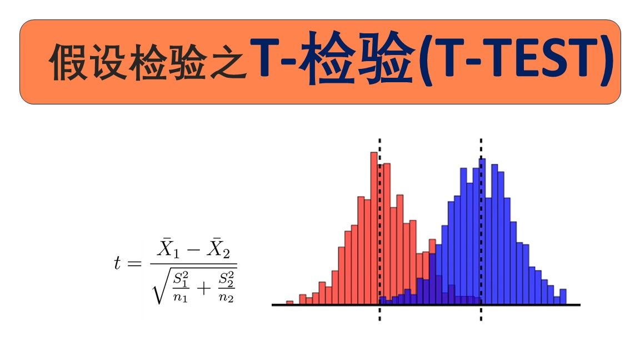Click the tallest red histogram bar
point(374,228)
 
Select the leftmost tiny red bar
point(289,302)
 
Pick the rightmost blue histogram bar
point(563,297)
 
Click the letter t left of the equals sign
point(118,263)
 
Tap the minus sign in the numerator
point(193,249)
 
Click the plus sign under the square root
point(204,289)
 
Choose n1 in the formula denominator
point(180,298)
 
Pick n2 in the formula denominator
point(226,298)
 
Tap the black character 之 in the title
point(228,62)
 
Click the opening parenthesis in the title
point(427,58)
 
